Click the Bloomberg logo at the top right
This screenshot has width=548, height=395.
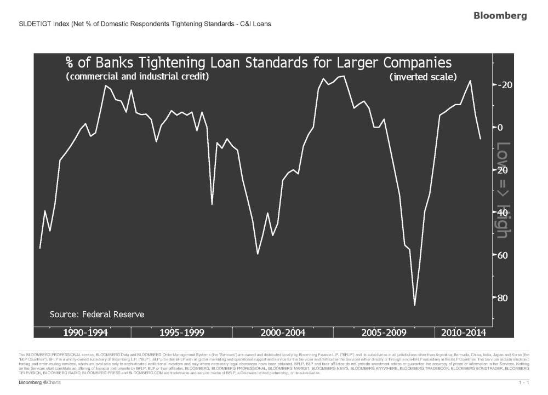pyautogui.click(x=500, y=16)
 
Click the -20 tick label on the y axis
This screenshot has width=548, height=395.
pyautogui.click(x=505, y=85)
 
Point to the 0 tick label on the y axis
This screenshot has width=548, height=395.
pyautogui.click(x=501, y=127)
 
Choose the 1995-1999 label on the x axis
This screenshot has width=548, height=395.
pyautogui.click(x=183, y=333)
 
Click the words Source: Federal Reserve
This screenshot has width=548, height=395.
pyautogui.click(x=97, y=314)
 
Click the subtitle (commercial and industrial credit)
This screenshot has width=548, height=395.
pyautogui.click(x=137, y=77)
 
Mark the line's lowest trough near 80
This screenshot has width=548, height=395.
pyautogui.click(x=415, y=305)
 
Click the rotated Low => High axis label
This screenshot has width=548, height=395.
pyautogui.click(x=503, y=190)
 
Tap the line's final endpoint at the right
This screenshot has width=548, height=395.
pyautogui.click(x=481, y=139)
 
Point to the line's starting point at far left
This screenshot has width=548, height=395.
pyautogui.click(x=39, y=249)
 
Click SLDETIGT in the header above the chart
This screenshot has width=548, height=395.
pyautogui.click(x=32, y=24)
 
